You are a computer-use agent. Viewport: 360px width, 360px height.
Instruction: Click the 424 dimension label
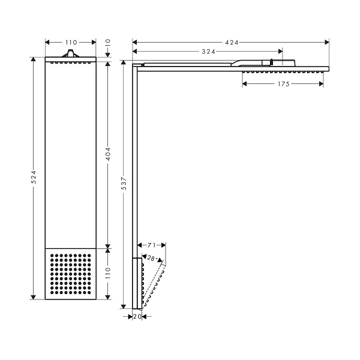coord(232,43)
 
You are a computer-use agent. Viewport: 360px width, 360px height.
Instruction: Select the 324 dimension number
coord(208,52)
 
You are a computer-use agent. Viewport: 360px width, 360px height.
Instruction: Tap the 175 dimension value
coord(284,84)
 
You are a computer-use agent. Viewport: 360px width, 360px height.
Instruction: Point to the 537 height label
coord(124,183)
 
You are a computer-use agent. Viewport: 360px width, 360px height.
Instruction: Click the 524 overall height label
coord(34,177)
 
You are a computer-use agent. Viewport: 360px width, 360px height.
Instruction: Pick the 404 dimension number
coord(108,154)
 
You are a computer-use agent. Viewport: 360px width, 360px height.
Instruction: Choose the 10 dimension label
coord(108,43)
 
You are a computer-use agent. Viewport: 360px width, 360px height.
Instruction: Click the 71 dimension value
coord(152,245)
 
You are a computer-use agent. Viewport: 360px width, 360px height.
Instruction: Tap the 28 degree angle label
coord(151,258)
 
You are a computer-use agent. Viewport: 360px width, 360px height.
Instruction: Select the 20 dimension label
coord(137,317)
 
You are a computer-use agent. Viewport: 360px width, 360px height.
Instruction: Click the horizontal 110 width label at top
coord(71,43)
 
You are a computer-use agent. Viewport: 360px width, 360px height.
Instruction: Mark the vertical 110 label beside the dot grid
coord(108,273)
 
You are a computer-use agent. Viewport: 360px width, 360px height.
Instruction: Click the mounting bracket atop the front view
coord(70,53)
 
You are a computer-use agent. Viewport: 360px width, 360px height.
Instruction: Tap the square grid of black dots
coord(70,274)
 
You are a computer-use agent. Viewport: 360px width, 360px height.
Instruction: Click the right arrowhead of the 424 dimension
coord(327,42)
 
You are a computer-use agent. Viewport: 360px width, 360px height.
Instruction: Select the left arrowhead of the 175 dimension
coord(245,84)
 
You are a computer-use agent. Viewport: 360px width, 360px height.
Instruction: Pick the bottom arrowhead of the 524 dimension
coord(34,297)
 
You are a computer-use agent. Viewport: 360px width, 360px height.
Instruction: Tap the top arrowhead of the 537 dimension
coord(124,63)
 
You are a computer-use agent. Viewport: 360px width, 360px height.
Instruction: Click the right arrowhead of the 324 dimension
coord(280,52)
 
